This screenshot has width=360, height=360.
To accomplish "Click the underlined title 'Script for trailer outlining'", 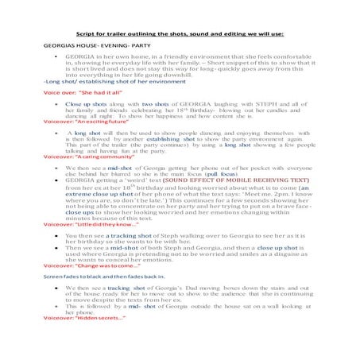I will pos(179,35).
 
